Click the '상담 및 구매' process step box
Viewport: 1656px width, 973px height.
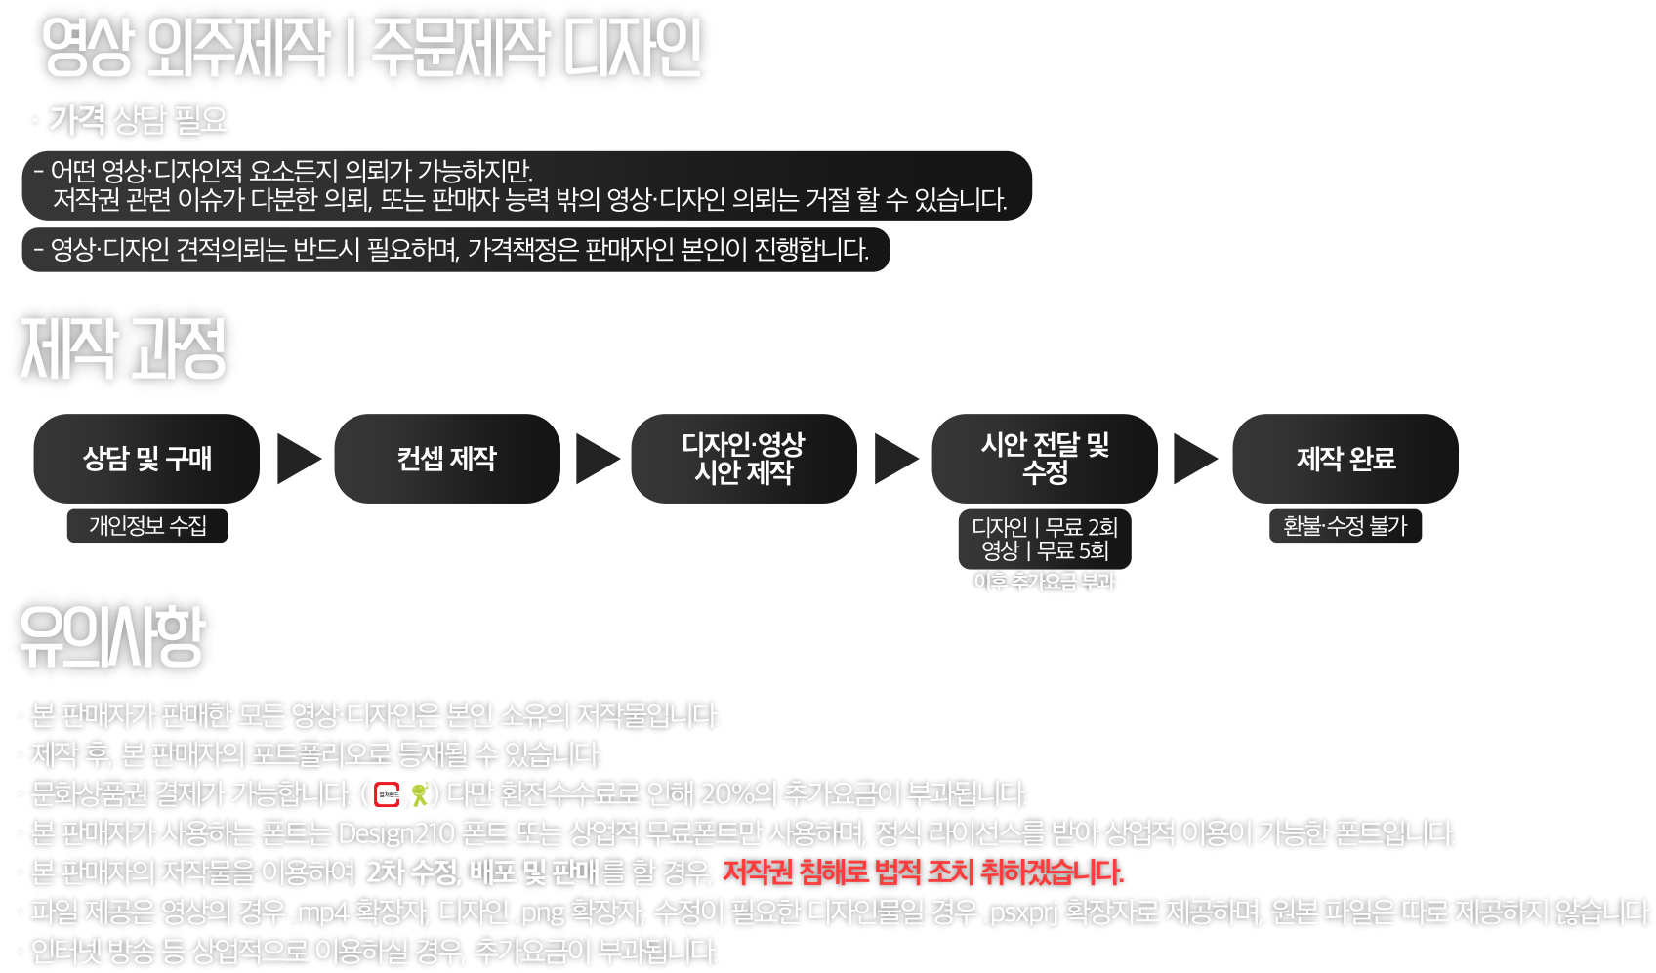coord(146,459)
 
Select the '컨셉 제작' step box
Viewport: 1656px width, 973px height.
coord(447,459)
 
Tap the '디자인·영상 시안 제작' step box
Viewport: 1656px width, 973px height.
coord(744,459)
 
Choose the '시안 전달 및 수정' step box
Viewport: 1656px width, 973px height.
coord(1045,459)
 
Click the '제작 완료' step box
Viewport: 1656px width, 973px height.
coord(1345,459)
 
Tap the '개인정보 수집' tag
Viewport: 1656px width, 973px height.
coord(147,526)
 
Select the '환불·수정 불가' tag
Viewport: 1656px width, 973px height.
coord(1345,526)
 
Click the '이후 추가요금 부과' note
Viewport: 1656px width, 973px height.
coord(1044,582)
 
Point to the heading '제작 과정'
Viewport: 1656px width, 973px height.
coord(123,348)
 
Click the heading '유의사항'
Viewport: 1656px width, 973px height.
coord(111,636)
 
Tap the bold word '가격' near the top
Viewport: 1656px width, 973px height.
coord(77,120)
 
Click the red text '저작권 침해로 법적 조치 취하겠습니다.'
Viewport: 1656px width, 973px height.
coord(923,872)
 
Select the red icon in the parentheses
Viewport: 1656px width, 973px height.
coord(387,794)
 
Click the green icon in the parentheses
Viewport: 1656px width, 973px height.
coord(420,794)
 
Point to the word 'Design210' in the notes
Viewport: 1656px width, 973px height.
coord(396,833)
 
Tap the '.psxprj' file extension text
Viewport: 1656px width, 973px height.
coord(1021,912)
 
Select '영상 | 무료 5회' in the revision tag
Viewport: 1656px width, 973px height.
coord(1045,551)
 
